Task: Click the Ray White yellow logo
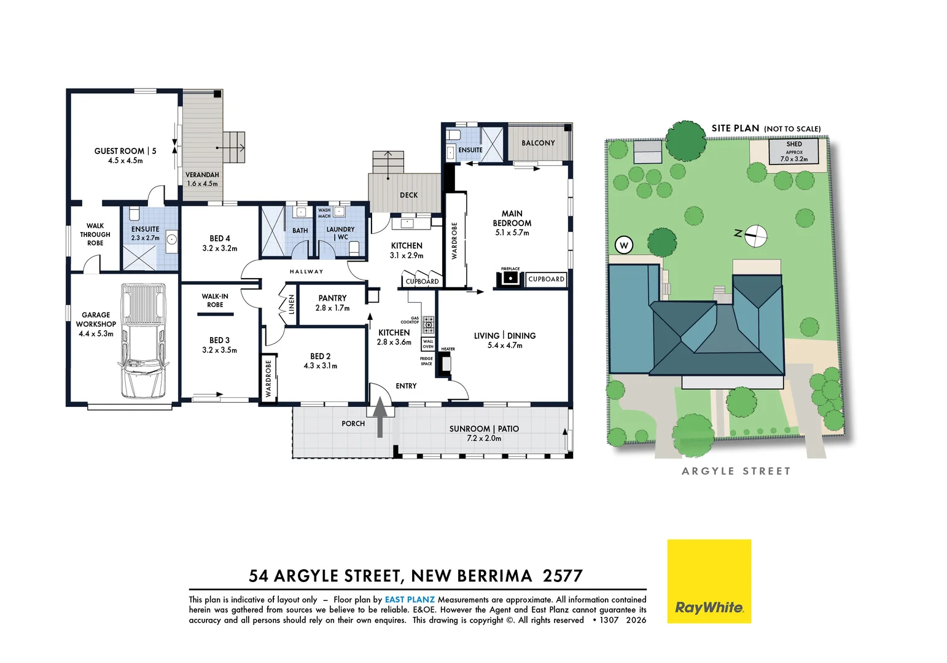709,581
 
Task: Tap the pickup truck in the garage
143,341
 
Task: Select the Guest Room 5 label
125,151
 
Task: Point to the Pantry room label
332,298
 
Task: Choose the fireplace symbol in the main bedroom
510,279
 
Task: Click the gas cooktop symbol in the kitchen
429,325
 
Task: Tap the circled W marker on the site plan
624,245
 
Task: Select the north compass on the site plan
755,236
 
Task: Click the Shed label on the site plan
794,144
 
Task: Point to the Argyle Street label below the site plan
736,471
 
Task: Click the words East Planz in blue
410,599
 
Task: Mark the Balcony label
538,143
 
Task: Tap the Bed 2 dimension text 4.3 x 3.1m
321,366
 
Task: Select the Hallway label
306,271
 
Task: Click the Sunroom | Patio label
484,428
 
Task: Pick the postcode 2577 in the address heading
563,576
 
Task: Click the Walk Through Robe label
95,235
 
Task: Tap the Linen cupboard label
291,304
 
